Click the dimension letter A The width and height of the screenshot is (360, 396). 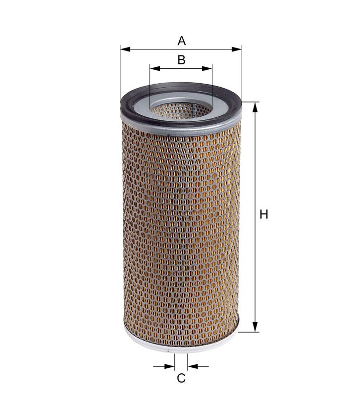[x=181, y=41]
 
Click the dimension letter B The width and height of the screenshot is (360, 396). [x=181, y=60]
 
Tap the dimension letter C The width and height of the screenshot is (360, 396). [x=181, y=378]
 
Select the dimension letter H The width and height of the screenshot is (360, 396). [x=264, y=214]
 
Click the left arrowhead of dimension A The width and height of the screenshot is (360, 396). [x=125, y=49]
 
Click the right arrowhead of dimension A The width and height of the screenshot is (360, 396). [x=237, y=49]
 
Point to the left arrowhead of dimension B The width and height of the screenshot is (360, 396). [x=155, y=68]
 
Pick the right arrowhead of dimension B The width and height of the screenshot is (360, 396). [x=207, y=68]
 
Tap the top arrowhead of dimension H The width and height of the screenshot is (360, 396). [x=255, y=107]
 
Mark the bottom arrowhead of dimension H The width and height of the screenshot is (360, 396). [x=255, y=327]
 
